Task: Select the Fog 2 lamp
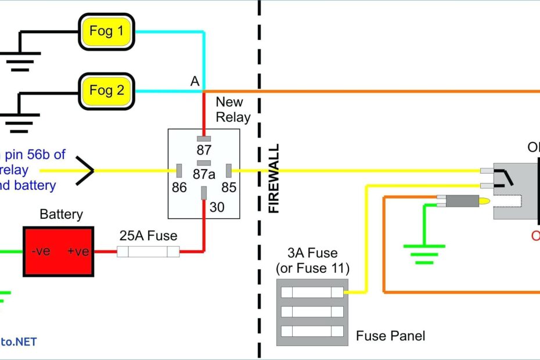106,91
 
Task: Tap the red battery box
58,251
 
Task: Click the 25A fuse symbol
148,251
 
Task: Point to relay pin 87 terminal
204,139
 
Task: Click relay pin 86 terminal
179,171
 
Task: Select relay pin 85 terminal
229,171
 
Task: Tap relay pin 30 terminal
204,193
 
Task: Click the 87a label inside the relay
204,175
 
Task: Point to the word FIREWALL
274,178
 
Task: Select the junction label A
195,82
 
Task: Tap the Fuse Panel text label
390,336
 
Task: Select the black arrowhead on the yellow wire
85,171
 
